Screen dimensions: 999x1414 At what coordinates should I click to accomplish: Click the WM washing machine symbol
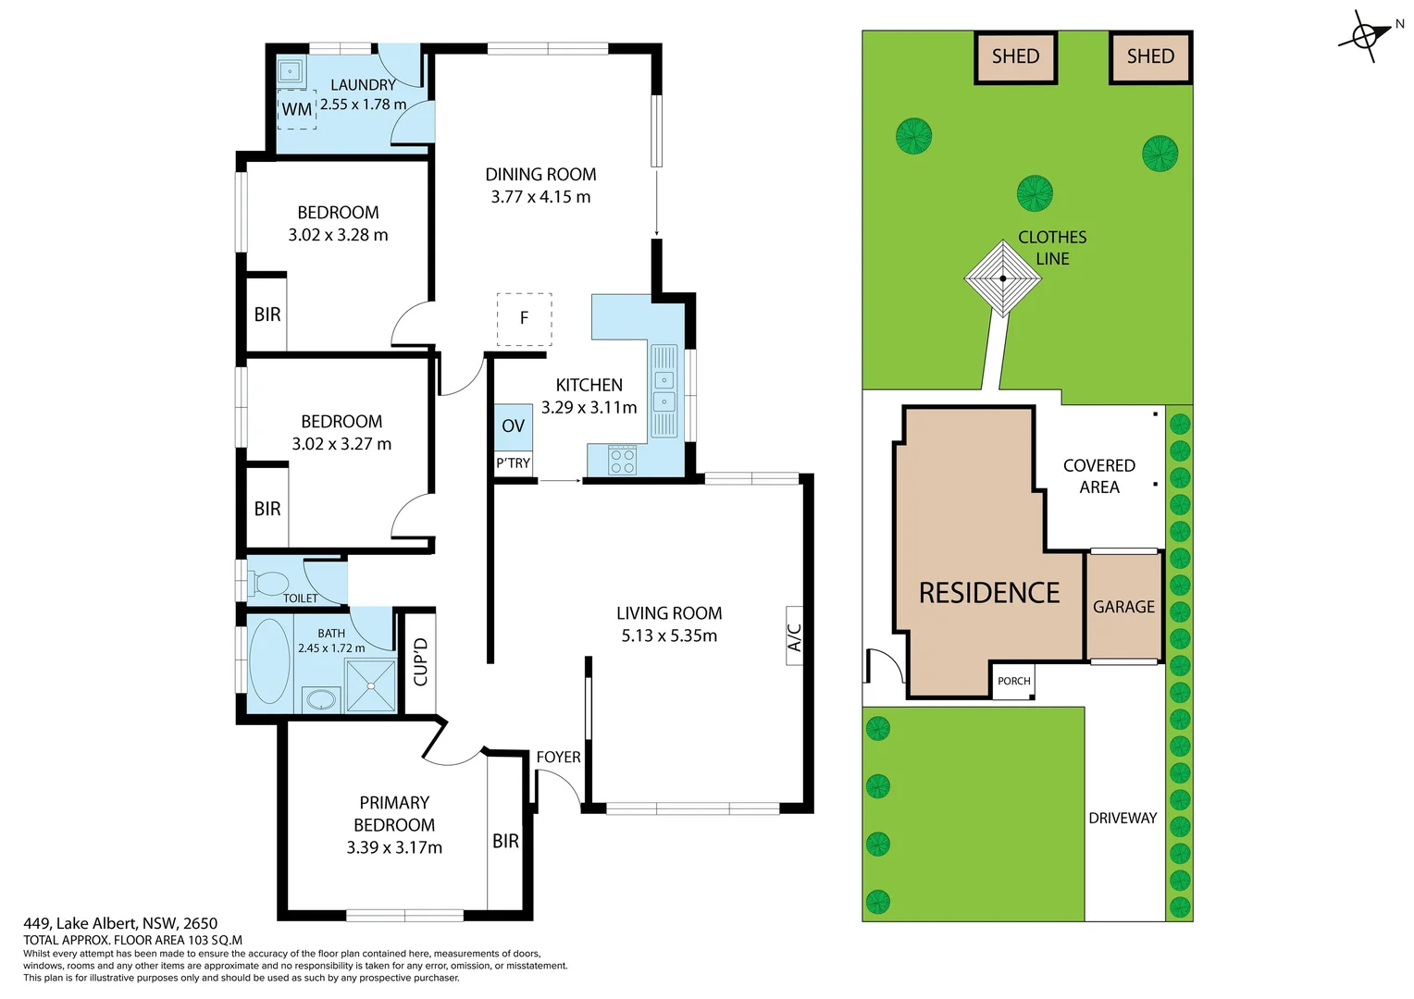coord(297,109)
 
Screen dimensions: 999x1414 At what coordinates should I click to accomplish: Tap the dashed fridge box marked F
coord(524,319)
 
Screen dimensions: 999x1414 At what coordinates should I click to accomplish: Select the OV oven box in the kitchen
coord(513,426)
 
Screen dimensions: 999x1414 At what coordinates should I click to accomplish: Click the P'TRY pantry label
coord(513,463)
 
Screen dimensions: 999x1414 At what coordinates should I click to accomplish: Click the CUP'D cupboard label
coord(421,661)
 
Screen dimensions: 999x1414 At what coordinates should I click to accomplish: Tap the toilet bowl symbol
coord(269,584)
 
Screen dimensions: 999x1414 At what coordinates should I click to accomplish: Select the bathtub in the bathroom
coord(269,660)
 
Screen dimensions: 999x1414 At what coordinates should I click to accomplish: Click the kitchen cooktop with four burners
coord(623,460)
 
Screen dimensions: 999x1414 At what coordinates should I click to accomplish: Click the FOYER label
coord(558,758)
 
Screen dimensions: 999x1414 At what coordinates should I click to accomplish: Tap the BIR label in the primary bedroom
coord(505,841)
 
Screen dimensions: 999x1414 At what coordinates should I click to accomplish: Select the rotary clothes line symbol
coord(1003,277)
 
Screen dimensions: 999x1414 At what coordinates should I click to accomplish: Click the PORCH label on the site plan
coord(1013,682)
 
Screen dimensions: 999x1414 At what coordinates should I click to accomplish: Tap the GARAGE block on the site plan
coord(1123,607)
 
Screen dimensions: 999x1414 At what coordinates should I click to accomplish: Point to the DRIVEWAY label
coord(1123,819)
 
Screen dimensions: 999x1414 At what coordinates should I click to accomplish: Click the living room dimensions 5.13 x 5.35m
coord(669,636)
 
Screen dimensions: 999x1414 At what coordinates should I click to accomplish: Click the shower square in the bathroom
coord(370,686)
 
